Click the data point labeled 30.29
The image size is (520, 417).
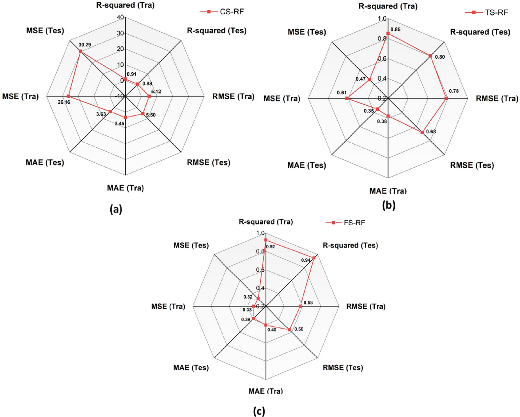pyautogui.click(x=81, y=51)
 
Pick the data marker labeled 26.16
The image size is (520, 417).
pyautogui.click(x=68, y=96)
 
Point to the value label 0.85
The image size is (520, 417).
pyautogui.click(x=395, y=29)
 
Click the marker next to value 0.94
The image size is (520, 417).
pyautogui.click(x=314, y=258)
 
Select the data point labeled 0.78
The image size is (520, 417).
pyautogui.click(x=446, y=98)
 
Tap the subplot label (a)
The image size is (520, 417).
pyautogui.click(x=116, y=209)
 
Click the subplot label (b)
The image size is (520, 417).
pyautogui.click(x=389, y=205)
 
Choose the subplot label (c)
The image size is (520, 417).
pyautogui.click(x=259, y=411)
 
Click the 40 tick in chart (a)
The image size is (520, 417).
pyautogui.click(x=120, y=18)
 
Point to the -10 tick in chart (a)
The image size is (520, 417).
pyautogui.click(x=120, y=96)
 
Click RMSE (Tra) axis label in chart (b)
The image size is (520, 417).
pyautogui.click(x=497, y=99)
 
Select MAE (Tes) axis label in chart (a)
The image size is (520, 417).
pyautogui.click(x=45, y=162)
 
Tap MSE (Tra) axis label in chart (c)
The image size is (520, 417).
pyautogui.click(x=168, y=306)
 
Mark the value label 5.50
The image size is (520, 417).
pyautogui.click(x=151, y=115)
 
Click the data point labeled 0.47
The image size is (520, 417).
pyautogui.click(x=369, y=80)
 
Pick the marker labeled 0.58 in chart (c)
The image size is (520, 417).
pyautogui.click(x=300, y=306)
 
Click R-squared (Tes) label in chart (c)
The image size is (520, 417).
pyautogui.click(x=350, y=245)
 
